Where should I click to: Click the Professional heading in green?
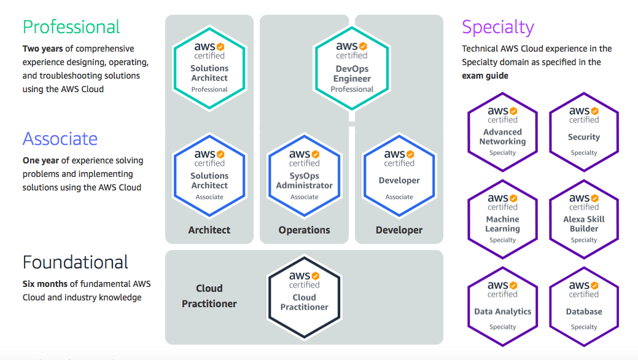point(71,27)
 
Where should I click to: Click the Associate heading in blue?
point(60,139)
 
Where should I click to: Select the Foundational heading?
point(76,262)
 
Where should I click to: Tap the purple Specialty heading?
point(498,27)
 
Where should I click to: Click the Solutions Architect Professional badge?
point(209,68)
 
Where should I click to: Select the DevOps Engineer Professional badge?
point(352,68)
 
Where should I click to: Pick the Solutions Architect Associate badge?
point(209,176)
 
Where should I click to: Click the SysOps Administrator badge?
point(305,176)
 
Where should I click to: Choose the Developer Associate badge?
point(399,176)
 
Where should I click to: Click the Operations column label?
point(305,230)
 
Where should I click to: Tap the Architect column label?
point(209,230)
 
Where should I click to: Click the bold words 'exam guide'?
point(485,76)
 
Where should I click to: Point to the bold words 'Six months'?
point(45,284)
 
